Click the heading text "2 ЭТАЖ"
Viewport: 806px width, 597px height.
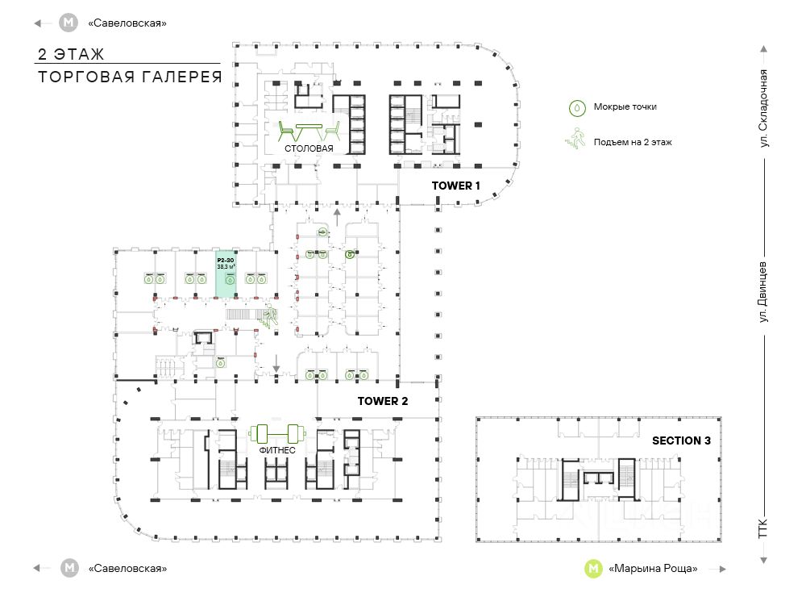coord(72,55)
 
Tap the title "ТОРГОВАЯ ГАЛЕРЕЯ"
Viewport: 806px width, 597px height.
coord(130,77)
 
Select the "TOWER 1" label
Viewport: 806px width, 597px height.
coord(455,186)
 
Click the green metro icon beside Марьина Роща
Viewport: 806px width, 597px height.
coord(593,568)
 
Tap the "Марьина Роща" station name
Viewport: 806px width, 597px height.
coord(654,568)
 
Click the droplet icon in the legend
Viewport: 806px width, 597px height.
coord(577,106)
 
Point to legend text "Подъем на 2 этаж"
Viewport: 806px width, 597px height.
coord(633,142)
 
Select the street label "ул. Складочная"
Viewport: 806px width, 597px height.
coord(763,108)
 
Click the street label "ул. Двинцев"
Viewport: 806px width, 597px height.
coord(763,295)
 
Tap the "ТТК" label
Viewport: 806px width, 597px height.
coord(763,529)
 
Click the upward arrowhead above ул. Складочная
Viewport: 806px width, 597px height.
coord(763,49)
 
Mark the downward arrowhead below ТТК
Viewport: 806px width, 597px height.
coord(763,561)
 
